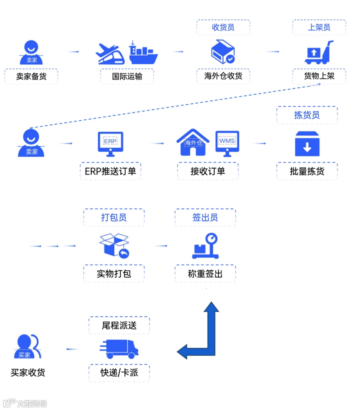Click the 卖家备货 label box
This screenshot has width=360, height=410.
(31, 76)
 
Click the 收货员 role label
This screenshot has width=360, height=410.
(223, 27)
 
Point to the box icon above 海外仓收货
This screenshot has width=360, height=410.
(223, 52)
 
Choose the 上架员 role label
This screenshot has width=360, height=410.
(319, 27)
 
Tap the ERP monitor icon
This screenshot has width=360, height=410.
(110, 144)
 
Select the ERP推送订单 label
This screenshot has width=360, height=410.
(110, 171)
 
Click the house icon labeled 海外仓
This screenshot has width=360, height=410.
(193, 143)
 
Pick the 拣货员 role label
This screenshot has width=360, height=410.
(307, 115)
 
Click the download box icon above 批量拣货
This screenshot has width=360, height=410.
(307, 144)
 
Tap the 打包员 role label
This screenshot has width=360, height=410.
(114, 217)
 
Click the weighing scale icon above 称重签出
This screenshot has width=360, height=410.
(206, 246)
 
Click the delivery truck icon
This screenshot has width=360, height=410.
(119, 349)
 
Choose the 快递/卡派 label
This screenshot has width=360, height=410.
(119, 373)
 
